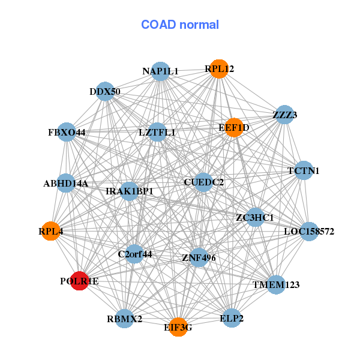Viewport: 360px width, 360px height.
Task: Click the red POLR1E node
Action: [x=79, y=281]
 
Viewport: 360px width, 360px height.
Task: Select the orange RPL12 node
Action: [x=219, y=69]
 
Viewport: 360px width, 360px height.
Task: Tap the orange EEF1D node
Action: [x=234, y=128]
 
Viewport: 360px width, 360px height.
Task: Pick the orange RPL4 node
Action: [x=50, y=231]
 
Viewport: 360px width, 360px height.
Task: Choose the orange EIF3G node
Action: [x=178, y=327]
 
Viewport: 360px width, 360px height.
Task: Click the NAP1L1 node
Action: [x=160, y=71]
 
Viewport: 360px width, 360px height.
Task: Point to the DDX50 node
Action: [x=105, y=91]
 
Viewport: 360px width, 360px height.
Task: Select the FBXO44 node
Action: [x=67, y=132]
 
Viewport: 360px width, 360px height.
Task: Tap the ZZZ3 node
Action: [x=284, y=115]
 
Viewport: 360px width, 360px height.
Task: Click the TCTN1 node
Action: [x=304, y=170]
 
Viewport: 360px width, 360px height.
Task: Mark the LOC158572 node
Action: [x=309, y=232]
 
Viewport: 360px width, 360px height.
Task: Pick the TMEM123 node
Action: [x=276, y=284]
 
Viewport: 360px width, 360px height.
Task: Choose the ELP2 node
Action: [x=232, y=318]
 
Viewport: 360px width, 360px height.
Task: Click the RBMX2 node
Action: [x=124, y=319]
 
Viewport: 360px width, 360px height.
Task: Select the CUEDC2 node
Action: [x=203, y=182]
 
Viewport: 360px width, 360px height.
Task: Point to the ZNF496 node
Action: [x=199, y=257]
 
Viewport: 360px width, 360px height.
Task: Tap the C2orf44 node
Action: [x=135, y=254]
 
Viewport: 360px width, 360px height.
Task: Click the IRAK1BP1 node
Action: [x=129, y=191]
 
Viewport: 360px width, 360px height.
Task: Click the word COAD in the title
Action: [x=158, y=25]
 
